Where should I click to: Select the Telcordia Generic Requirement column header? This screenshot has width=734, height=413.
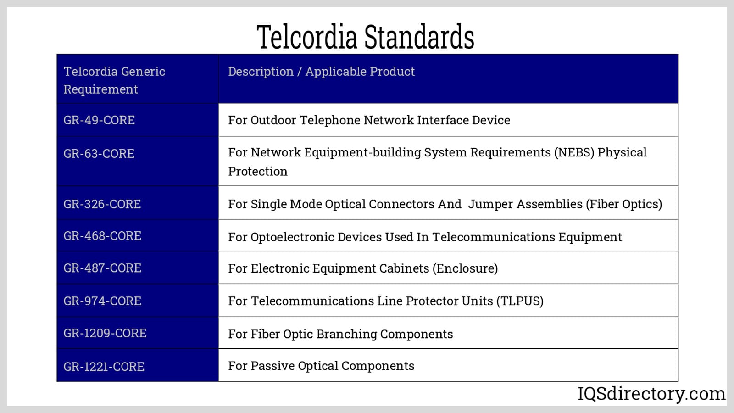click(114, 80)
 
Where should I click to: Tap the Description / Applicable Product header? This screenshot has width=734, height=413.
click(322, 72)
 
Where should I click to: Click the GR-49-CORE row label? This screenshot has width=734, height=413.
click(99, 120)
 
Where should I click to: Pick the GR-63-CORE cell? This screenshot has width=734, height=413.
click(99, 153)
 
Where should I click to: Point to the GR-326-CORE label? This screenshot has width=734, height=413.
click(102, 204)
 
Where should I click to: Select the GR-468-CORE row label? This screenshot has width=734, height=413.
click(102, 236)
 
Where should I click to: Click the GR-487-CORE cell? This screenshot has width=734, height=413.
click(102, 268)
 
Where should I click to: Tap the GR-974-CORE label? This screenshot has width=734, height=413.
click(102, 301)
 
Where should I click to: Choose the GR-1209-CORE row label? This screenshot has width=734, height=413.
click(105, 333)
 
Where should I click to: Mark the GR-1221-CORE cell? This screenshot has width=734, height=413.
click(104, 367)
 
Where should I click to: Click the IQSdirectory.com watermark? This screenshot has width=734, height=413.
click(651, 394)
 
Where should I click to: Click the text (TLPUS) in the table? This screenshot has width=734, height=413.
click(520, 301)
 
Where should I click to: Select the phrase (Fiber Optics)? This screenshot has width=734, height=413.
click(624, 204)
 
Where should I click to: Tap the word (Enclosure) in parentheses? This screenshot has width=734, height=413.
click(465, 268)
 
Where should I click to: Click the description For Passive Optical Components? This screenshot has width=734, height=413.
click(321, 366)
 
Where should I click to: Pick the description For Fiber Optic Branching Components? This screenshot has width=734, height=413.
click(340, 334)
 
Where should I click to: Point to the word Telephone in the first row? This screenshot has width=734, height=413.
click(330, 120)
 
